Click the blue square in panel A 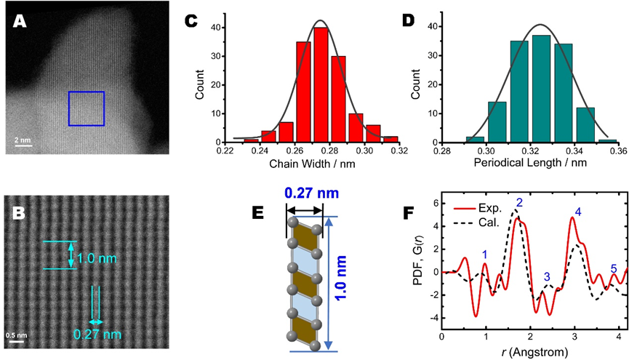tap(86, 109)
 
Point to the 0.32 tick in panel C tap(399, 151)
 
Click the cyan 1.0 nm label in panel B tap(97, 256)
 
